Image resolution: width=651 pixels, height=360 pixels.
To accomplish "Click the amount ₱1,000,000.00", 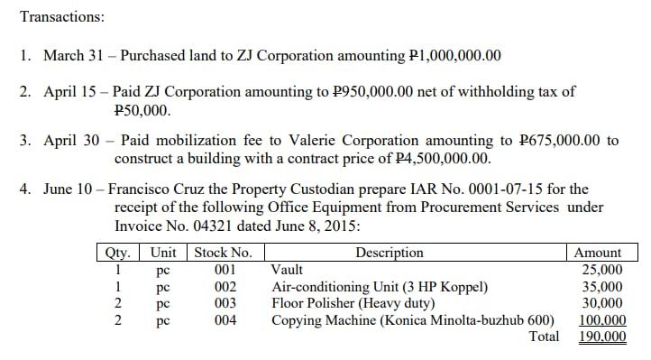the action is (454, 56).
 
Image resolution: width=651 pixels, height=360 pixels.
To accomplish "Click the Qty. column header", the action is (118, 253).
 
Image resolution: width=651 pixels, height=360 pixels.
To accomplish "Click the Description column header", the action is (390, 253).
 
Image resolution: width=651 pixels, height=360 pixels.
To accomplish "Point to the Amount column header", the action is (598, 253).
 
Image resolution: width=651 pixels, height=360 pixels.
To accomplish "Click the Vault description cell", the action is (287, 269).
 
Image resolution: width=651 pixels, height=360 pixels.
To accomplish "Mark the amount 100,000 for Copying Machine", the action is (601, 319).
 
